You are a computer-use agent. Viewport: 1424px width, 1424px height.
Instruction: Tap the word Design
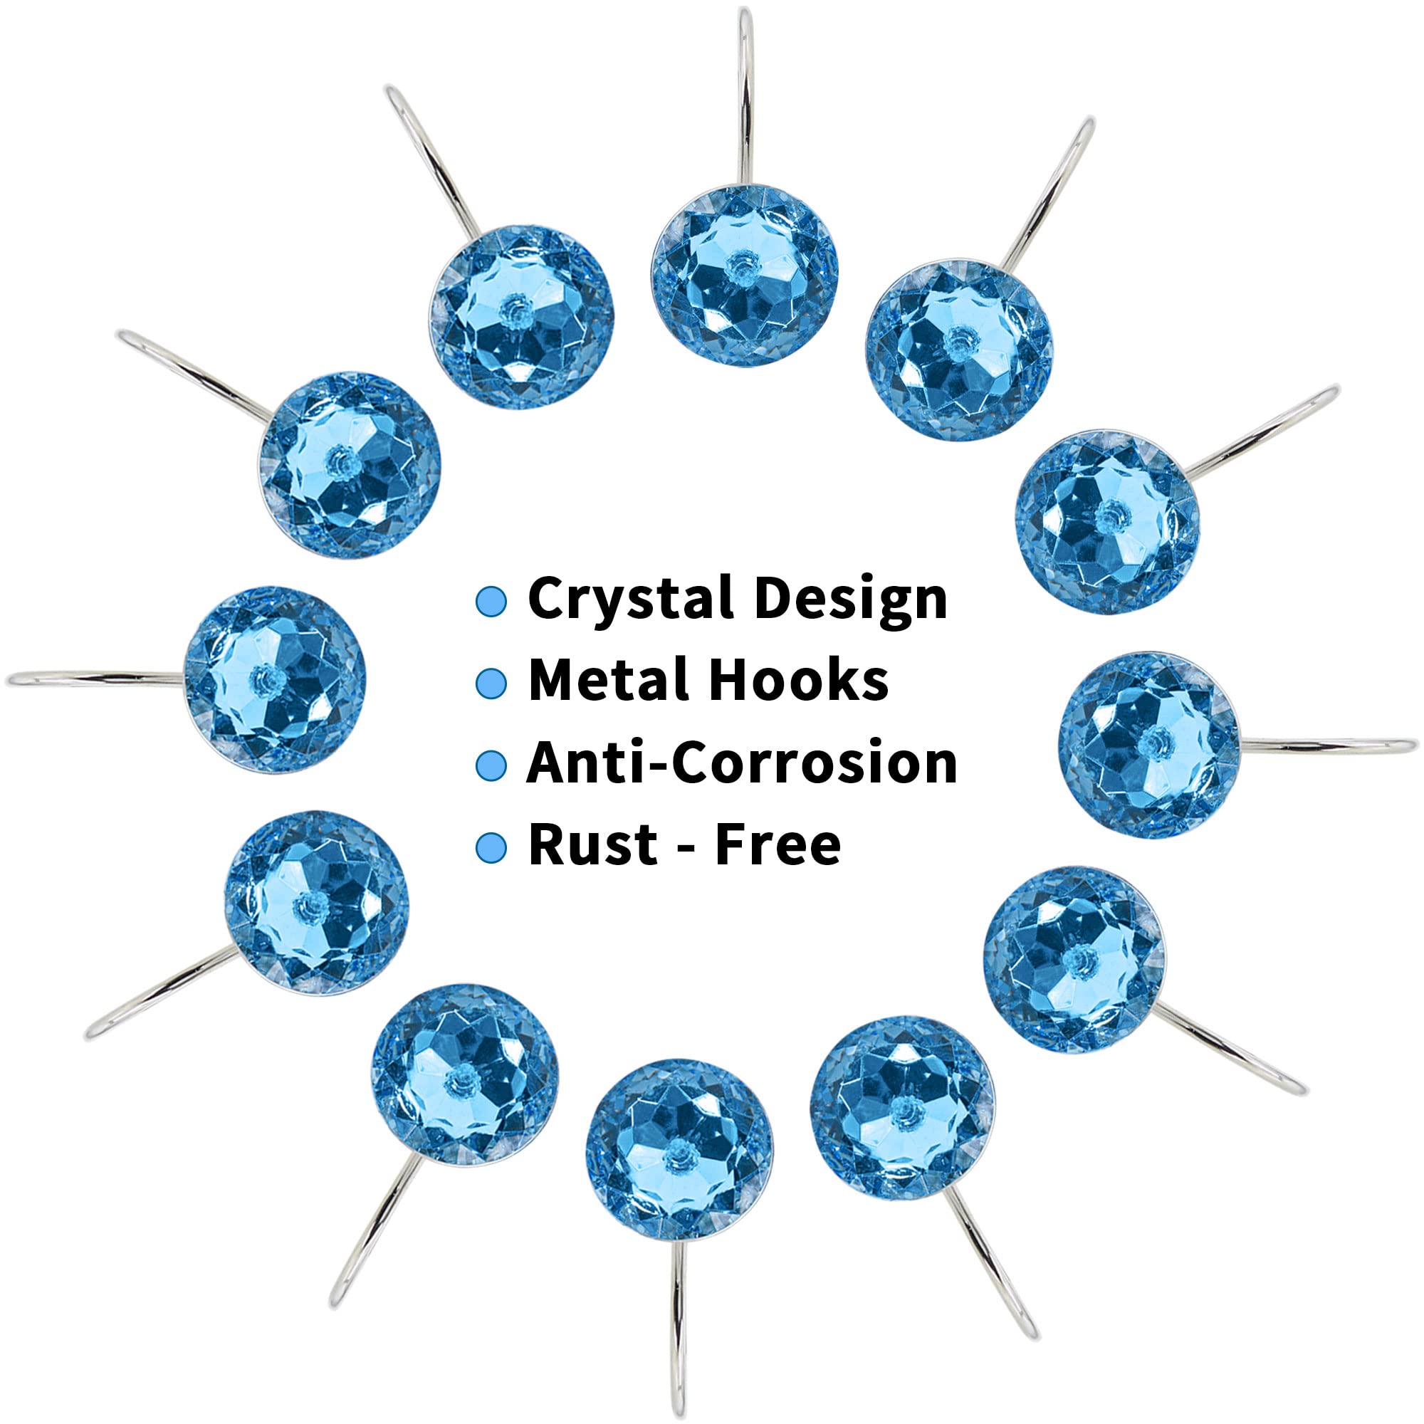(851, 599)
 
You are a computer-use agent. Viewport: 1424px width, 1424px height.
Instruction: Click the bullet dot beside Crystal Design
(491, 602)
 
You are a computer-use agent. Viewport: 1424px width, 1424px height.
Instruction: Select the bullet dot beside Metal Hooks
(491, 684)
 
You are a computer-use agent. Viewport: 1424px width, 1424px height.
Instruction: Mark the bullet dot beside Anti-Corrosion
(491, 765)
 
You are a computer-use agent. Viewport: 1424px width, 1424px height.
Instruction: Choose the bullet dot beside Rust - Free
(491, 847)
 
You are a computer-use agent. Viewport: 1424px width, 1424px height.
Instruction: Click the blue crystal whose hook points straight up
(744, 271)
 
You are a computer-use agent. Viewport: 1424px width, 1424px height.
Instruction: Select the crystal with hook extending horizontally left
(274, 679)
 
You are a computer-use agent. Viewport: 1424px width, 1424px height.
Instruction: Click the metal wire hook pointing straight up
(746, 96)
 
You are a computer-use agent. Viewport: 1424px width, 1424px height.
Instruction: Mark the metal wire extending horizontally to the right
(1326, 746)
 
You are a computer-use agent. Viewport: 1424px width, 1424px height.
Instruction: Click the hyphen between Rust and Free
(686, 847)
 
